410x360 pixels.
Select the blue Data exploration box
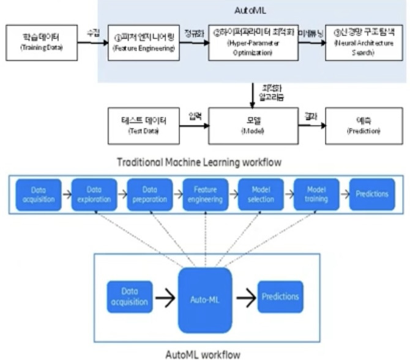[92, 195]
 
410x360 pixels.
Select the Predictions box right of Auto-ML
[280, 297]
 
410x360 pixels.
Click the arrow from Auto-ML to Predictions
[245, 298]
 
